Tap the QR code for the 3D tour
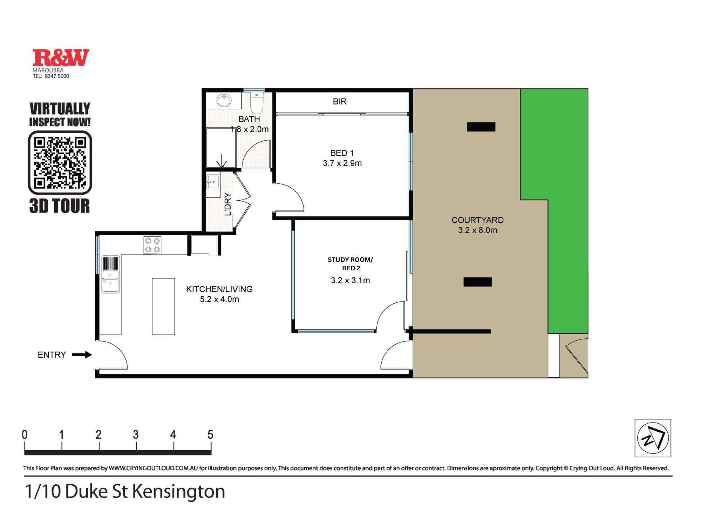click(60, 162)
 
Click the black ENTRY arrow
click(82, 355)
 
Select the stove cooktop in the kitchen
click(152, 245)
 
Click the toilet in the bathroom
click(257, 102)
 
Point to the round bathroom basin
click(224, 101)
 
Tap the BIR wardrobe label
click(340, 102)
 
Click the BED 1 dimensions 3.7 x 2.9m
click(342, 163)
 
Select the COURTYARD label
click(477, 220)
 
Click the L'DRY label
click(228, 204)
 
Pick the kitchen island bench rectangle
click(163, 306)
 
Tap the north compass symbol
click(653, 438)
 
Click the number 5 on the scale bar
click(210, 435)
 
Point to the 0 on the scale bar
click(25, 435)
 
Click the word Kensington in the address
click(178, 492)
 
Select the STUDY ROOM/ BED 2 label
click(350, 264)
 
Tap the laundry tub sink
click(213, 182)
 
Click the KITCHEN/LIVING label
click(219, 289)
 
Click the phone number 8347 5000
click(57, 76)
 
